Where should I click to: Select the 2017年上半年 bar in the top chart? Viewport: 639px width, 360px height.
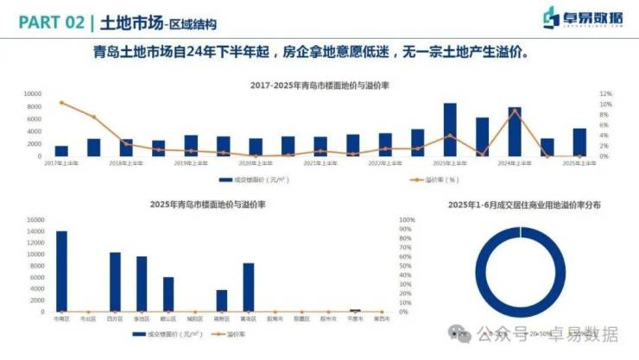click(x=61, y=151)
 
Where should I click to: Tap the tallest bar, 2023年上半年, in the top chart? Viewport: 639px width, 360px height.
click(x=450, y=130)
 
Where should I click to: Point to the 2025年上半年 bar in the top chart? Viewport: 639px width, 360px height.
click(x=579, y=142)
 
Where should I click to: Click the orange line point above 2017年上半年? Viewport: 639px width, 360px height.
click(x=61, y=103)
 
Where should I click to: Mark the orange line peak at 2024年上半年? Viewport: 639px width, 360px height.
click(x=515, y=110)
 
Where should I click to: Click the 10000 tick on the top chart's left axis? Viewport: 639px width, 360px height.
click(x=32, y=93)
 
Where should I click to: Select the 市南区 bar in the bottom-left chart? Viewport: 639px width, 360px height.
click(x=61, y=271)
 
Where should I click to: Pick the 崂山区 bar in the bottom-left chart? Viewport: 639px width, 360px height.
click(x=168, y=294)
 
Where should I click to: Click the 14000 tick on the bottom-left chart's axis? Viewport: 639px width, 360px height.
click(x=34, y=219)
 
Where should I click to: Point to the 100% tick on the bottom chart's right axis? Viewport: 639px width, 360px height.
click(x=407, y=219)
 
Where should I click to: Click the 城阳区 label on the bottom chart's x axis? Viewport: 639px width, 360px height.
click(x=195, y=319)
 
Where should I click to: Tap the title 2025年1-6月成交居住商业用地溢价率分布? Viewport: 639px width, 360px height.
click(x=524, y=205)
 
